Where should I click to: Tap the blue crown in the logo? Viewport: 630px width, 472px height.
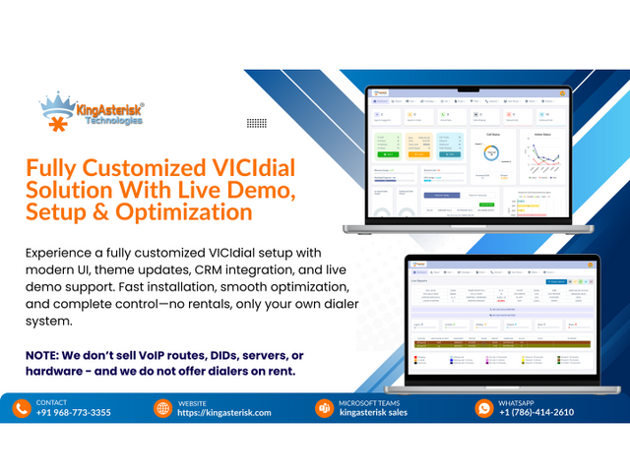pyautogui.click(x=58, y=101)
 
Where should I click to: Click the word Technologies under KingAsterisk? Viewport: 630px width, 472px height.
pyautogui.click(x=113, y=122)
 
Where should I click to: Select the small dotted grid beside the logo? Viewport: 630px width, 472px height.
pyautogui.click(x=256, y=122)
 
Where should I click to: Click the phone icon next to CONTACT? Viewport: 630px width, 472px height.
pyautogui.click(x=22, y=407)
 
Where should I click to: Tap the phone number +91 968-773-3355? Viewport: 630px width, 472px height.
pyautogui.click(x=73, y=413)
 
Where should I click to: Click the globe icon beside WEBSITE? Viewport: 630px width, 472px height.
pyautogui.click(x=163, y=407)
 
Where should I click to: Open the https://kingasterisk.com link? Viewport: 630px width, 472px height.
pyautogui.click(x=224, y=413)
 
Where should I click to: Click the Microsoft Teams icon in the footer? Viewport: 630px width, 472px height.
pyautogui.click(x=324, y=407)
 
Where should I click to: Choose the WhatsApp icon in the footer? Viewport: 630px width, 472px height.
pyautogui.click(x=483, y=407)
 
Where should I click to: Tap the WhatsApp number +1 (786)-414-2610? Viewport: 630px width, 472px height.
pyautogui.click(x=536, y=413)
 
